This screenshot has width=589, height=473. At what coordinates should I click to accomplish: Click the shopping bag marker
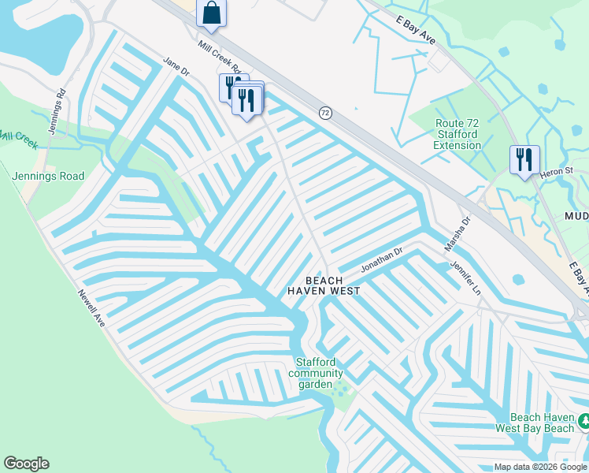pyautogui.click(x=211, y=13)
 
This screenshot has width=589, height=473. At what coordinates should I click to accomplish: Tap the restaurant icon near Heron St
pyautogui.click(x=524, y=161)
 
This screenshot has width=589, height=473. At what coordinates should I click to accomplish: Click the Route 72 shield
pyautogui.click(x=324, y=114)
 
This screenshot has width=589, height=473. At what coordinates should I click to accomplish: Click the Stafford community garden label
pyautogui.click(x=319, y=373)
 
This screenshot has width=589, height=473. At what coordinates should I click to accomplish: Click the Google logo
pyautogui.click(x=26, y=464)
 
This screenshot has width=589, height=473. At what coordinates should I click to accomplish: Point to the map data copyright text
pyautogui.click(x=540, y=467)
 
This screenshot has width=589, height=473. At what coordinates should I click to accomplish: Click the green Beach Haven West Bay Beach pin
pyautogui.click(x=583, y=422)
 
